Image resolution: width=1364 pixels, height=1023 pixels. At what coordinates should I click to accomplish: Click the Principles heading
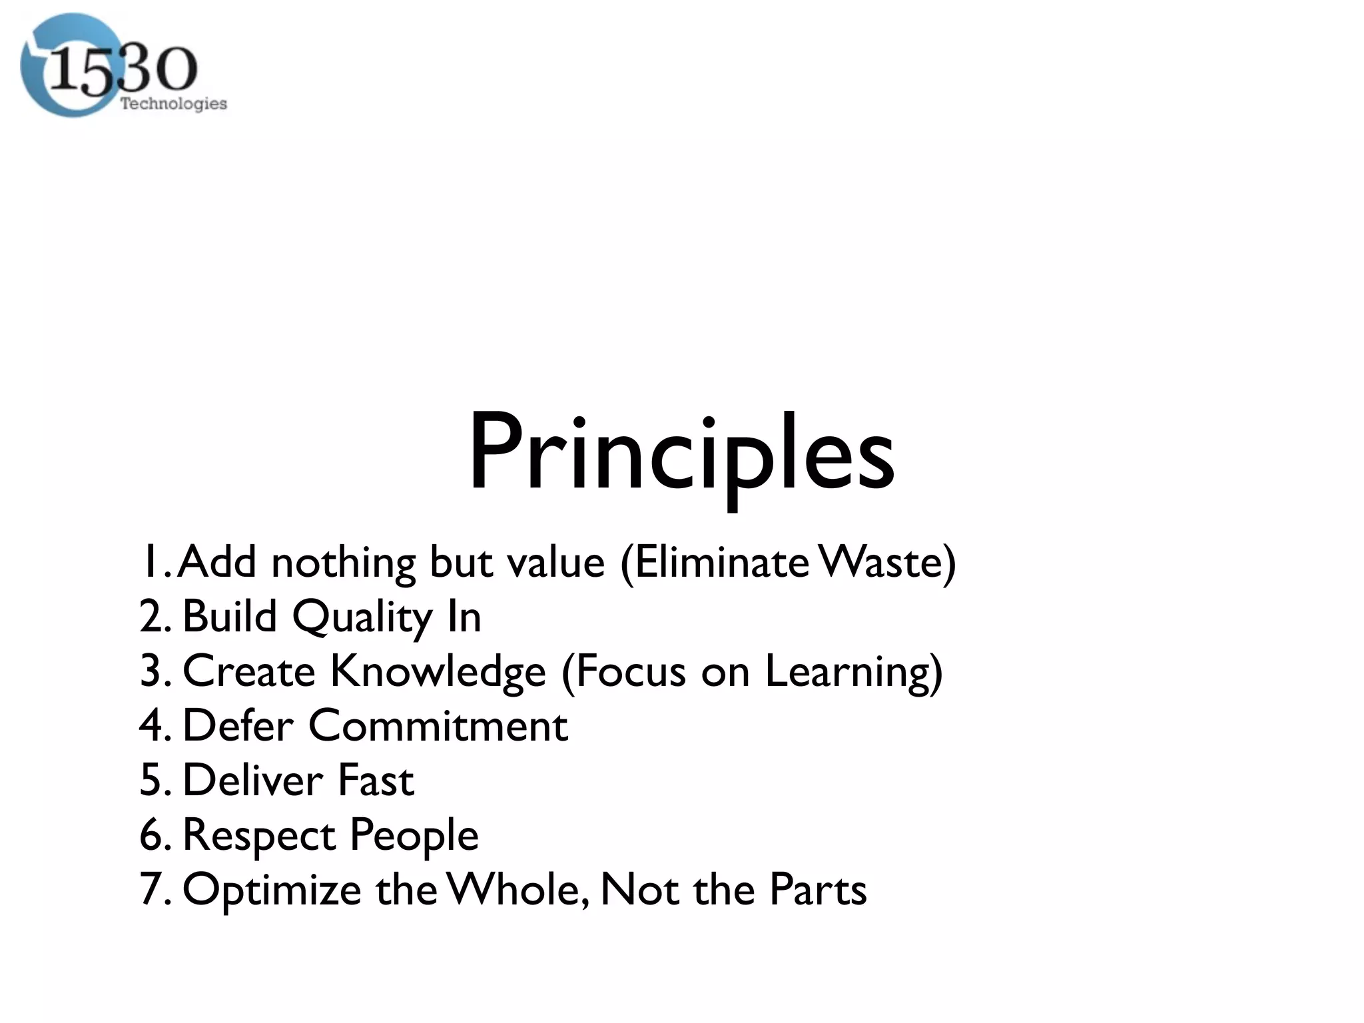[x=681, y=454]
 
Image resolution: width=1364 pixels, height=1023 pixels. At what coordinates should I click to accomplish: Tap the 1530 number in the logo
[x=123, y=70]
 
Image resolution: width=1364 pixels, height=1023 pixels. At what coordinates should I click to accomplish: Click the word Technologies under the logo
[x=173, y=103]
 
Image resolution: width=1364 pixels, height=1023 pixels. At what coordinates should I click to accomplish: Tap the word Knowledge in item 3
[x=438, y=671]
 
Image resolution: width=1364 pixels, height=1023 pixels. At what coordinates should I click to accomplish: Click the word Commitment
[x=438, y=725]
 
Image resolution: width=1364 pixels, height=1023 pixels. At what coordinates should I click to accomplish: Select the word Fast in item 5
[x=376, y=780]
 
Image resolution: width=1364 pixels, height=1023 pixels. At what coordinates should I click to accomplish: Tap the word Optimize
[x=271, y=890]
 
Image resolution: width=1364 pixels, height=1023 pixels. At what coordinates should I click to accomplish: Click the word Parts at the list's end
[x=818, y=889]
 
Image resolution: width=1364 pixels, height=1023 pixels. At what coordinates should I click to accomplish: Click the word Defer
[x=237, y=725]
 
